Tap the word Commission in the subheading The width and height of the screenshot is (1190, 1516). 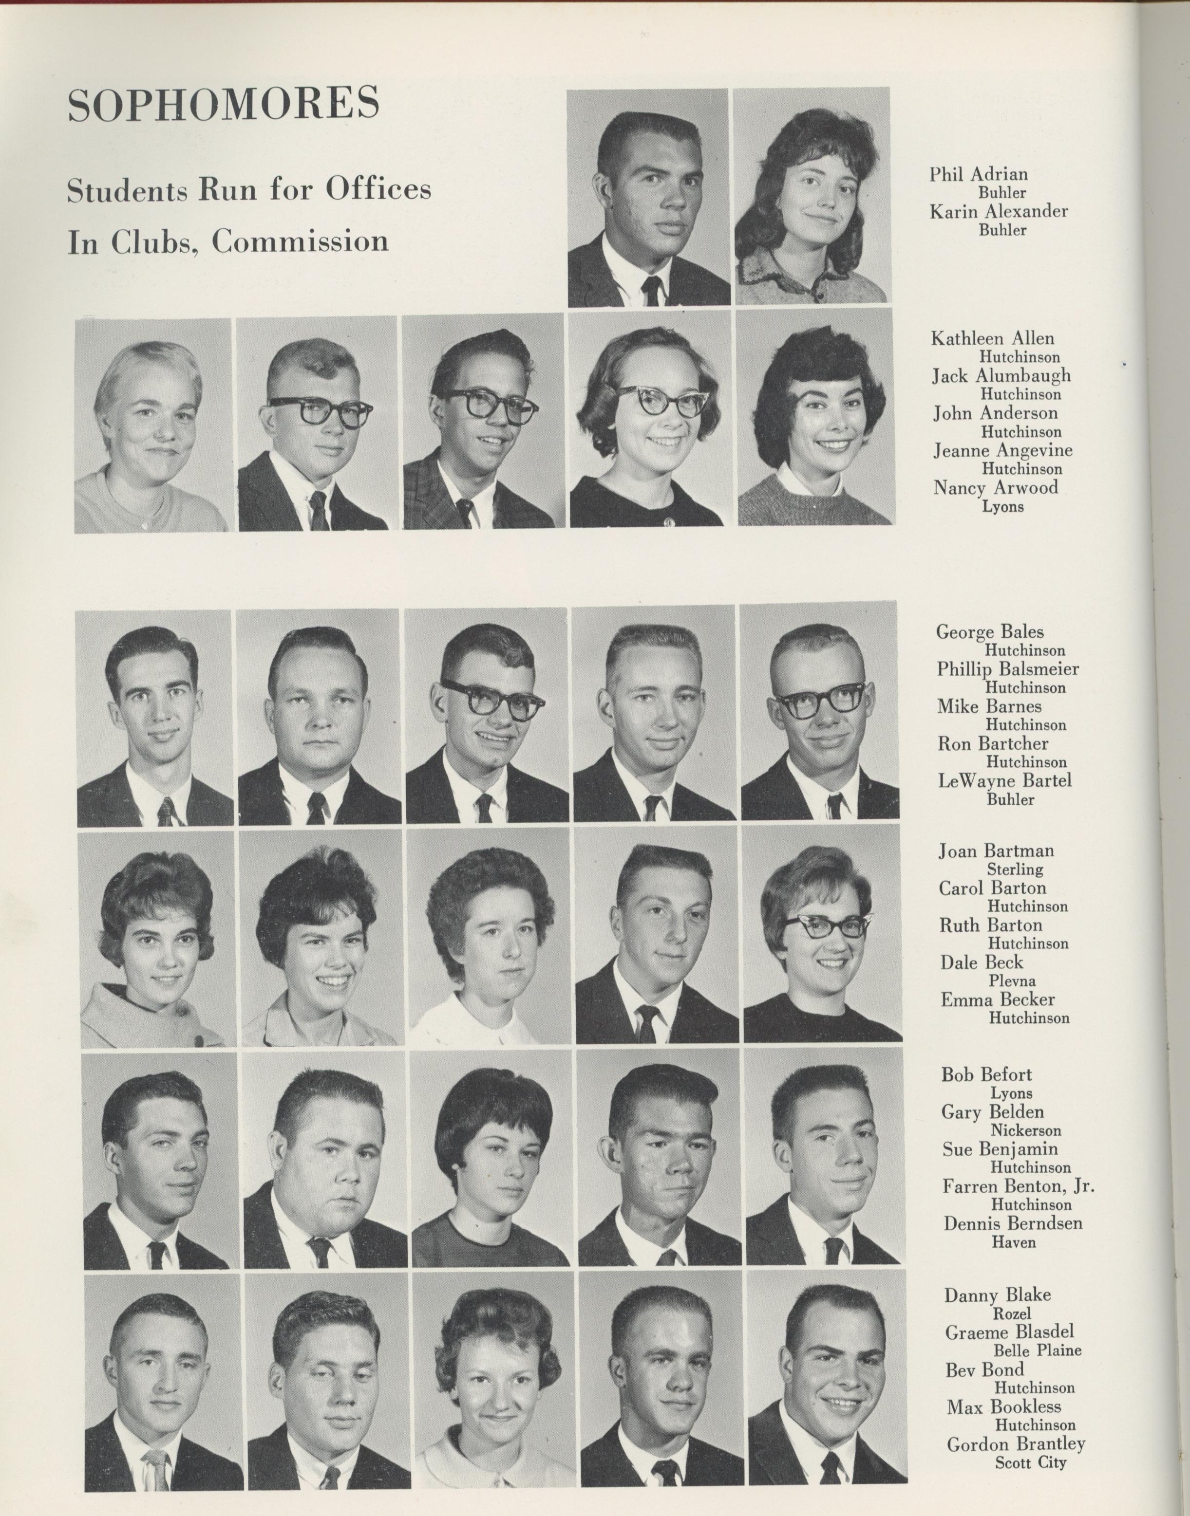tap(300, 241)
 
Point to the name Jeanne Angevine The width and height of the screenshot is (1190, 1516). tap(1002, 450)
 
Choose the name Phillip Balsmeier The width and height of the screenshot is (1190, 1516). tap(1007, 669)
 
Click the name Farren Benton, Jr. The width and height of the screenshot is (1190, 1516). tap(1018, 1185)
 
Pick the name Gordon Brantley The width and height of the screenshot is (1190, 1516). tap(1016, 1443)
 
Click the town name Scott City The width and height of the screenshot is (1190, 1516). tap(1030, 1461)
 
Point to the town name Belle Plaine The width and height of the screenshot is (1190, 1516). tap(1037, 1351)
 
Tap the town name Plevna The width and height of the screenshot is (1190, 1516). tap(1012, 981)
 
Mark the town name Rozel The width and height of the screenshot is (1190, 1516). tap(1011, 1314)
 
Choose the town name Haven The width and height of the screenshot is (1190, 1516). tap(1013, 1241)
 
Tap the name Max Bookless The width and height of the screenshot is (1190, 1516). tap(1003, 1406)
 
